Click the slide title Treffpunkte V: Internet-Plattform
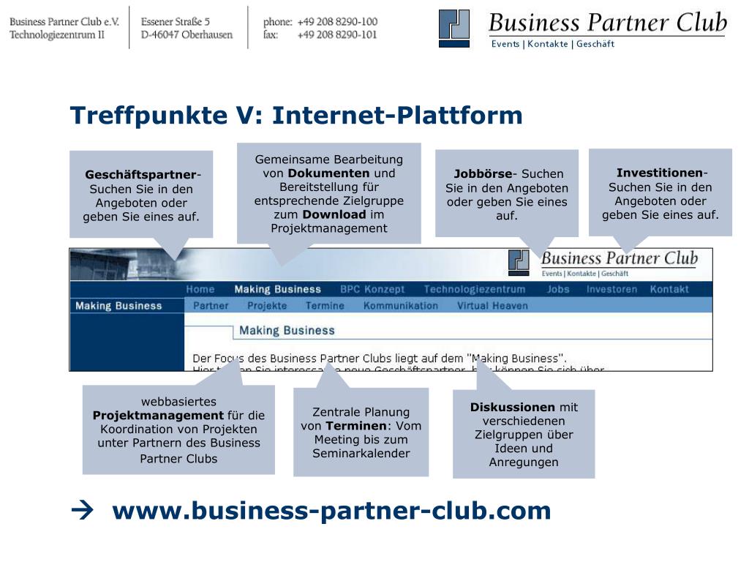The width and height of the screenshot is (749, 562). pos(296,116)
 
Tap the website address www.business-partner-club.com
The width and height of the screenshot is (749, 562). pos(331,511)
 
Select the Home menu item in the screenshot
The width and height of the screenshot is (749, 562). pos(200,289)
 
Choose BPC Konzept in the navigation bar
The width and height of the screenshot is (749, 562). pos(372,289)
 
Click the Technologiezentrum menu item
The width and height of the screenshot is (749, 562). pos(474,289)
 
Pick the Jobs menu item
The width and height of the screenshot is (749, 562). pos(558,289)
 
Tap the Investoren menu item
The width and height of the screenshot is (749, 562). pos(611,289)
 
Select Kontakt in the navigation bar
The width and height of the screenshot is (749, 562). pos(669,289)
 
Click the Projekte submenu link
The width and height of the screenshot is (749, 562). pos(267,306)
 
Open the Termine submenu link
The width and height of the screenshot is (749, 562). pos(325,306)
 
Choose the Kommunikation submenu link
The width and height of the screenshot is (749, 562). pos(401,306)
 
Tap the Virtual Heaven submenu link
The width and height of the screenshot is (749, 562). pos(492,306)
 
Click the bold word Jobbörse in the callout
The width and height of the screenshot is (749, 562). pos(483,174)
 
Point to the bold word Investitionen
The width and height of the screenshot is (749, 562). pos(659,173)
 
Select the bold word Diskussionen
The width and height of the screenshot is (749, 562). pos(513,408)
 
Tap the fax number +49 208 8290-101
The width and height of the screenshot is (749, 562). pos(337,34)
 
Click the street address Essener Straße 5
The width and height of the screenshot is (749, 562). pos(176,22)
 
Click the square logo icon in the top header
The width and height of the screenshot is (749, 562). pos(454,28)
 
